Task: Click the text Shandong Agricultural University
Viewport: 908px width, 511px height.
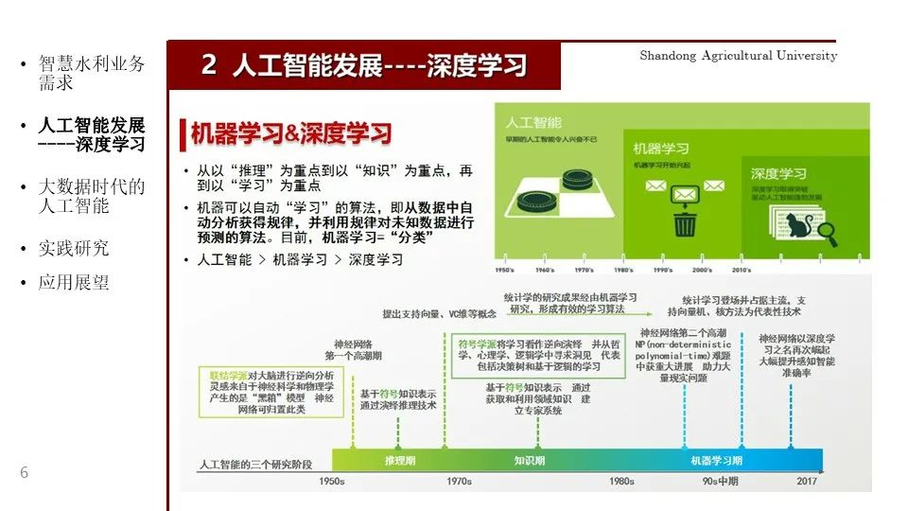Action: click(738, 56)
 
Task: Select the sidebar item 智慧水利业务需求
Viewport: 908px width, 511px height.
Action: click(91, 73)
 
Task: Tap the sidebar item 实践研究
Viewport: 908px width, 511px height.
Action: click(74, 248)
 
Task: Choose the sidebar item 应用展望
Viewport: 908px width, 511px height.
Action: click(74, 282)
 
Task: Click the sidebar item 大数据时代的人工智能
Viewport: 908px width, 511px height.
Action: click(91, 196)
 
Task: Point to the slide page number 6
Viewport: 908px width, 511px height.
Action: click(24, 473)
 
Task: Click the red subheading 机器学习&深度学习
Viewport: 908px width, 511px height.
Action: click(290, 134)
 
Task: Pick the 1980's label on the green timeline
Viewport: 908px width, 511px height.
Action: click(624, 270)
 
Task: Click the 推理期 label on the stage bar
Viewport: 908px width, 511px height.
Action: click(399, 461)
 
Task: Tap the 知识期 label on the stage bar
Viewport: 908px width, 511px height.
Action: click(529, 461)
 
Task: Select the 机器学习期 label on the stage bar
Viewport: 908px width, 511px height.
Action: click(716, 461)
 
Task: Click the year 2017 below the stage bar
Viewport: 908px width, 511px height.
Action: click(807, 482)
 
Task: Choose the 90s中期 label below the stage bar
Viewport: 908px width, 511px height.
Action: click(720, 482)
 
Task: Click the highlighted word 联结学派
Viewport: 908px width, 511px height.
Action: click(230, 376)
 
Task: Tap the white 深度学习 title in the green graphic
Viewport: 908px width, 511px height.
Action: click(779, 174)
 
